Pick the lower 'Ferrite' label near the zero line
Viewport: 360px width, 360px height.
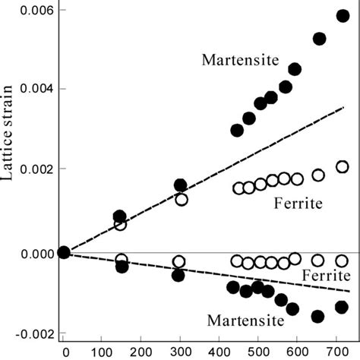pos(325,274)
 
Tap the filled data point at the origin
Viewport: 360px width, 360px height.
pos(65,252)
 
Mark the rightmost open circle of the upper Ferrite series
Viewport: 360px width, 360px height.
pos(342,167)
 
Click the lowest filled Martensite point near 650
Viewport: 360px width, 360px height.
pos(317,316)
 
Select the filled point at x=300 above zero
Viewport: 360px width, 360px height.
pos(180,185)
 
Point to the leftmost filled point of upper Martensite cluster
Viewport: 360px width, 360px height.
pos(237,130)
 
